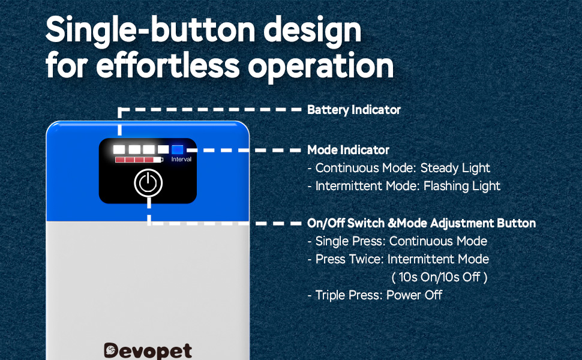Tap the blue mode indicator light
(x=178, y=149)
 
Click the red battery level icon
(x=139, y=160)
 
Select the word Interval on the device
(x=181, y=159)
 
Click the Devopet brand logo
(x=148, y=350)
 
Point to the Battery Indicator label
(x=354, y=110)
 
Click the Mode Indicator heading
(x=348, y=150)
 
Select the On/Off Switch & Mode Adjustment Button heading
(x=421, y=223)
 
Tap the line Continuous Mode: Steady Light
(x=399, y=168)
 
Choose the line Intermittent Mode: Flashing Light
(x=404, y=186)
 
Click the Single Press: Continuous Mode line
(x=398, y=241)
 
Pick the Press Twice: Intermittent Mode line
(x=398, y=259)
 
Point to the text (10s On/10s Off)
(x=439, y=277)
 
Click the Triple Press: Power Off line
(x=375, y=295)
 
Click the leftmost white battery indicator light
(x=119, y=149)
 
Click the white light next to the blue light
(x=163, y=149)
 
